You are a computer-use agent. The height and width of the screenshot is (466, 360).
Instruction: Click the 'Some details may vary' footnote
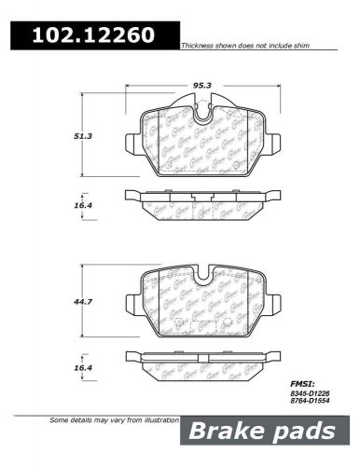click(111, 420)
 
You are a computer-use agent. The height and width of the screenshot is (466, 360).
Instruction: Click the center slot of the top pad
click(202, 114)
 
